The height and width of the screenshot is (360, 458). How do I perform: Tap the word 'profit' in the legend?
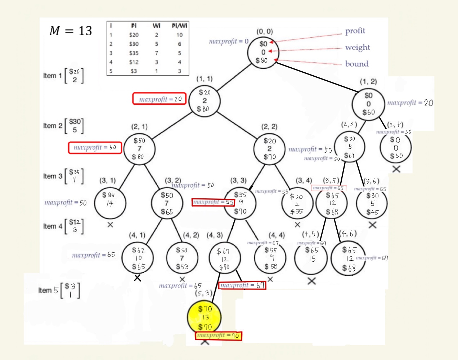pos(355,31)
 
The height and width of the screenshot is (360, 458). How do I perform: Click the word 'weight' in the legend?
pos(357,47)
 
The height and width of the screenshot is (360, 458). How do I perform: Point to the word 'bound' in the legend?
pos(356,64)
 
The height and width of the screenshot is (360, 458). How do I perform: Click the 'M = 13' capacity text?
pos(71,31)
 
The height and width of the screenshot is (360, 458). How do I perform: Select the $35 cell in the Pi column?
pos(134,53)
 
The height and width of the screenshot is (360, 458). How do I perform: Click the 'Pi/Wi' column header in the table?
pos(179,26)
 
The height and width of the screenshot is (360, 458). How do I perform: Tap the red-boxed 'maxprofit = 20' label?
pos(160,99)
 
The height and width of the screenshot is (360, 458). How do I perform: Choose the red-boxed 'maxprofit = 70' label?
pos(219,336)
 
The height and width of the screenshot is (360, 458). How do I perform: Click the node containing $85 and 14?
pos(110,203)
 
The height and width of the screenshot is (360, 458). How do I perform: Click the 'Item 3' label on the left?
pos(52,176)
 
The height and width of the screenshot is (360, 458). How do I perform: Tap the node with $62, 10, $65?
pos(138,258)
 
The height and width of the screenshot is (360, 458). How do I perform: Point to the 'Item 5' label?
pos(48,290)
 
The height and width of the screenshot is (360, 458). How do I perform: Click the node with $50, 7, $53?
pos(182,258)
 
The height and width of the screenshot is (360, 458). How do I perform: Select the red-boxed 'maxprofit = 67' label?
pos(242,285)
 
